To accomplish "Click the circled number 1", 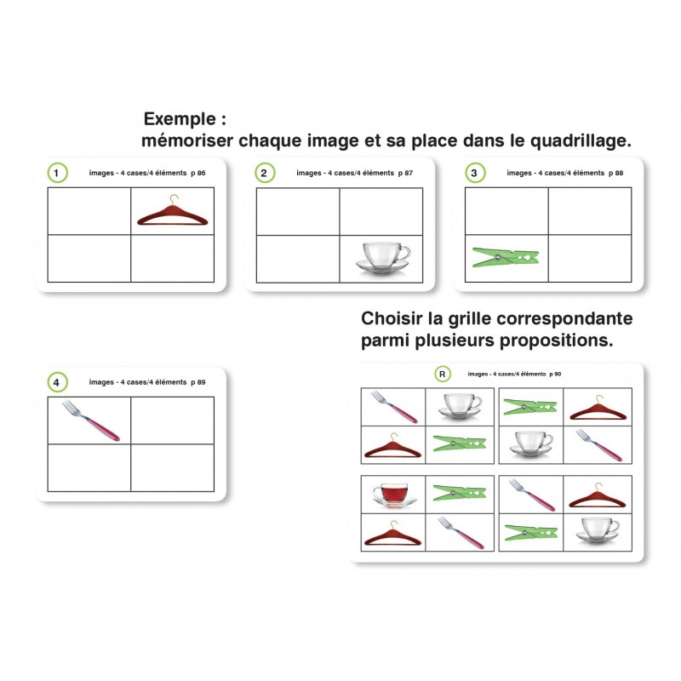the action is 57,173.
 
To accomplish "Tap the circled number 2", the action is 265,173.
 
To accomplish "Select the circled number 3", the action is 475,173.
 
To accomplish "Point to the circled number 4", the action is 57,382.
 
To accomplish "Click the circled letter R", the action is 443,374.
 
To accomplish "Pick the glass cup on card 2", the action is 382,258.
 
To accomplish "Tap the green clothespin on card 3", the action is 505,257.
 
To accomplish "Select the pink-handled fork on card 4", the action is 91,421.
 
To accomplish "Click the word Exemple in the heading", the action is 180,119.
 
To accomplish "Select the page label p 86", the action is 198,173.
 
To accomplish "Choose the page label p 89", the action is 198,382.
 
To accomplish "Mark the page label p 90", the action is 555,374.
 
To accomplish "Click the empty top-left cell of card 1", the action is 89,211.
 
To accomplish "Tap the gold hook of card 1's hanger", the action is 175,200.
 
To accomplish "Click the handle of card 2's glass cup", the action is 405,253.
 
